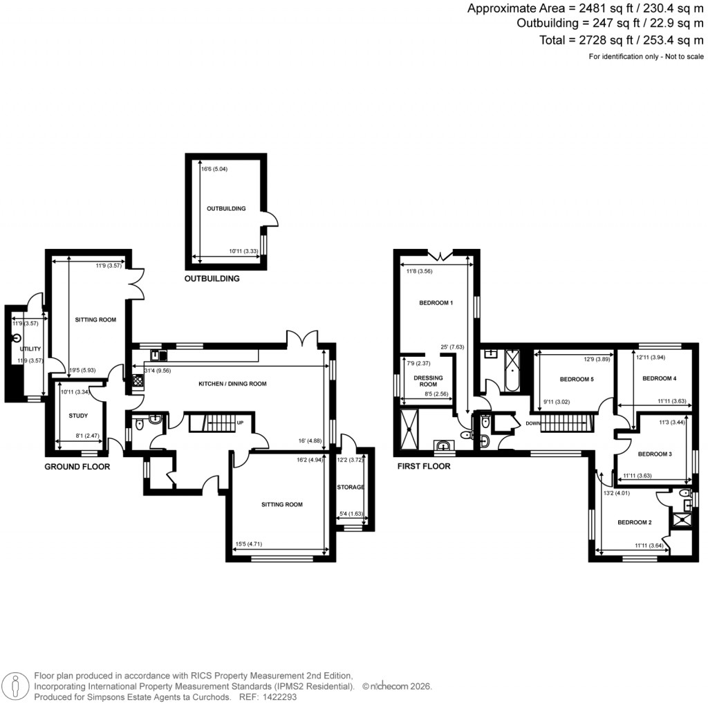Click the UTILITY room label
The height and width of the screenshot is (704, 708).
point(30,349)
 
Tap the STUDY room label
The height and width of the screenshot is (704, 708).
point(79,416)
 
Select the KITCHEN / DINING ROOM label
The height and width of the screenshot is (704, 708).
point(232,384)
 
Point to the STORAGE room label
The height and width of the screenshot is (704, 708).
point(351,488)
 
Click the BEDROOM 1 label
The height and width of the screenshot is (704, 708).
point(436,303)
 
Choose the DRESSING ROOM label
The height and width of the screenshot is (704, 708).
point(428,380)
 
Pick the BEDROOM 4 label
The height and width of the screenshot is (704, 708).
point(659,378)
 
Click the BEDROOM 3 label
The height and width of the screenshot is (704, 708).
point(655,454)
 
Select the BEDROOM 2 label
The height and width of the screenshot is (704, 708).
point(635,522)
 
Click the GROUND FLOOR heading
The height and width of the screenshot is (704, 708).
point(77,467)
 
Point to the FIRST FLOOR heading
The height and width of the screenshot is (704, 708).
point(423,467)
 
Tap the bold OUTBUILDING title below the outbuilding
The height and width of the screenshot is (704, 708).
point(212,279)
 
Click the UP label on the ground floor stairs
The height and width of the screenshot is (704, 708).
point(240,423)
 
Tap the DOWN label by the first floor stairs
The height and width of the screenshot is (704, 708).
point(533,423)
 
